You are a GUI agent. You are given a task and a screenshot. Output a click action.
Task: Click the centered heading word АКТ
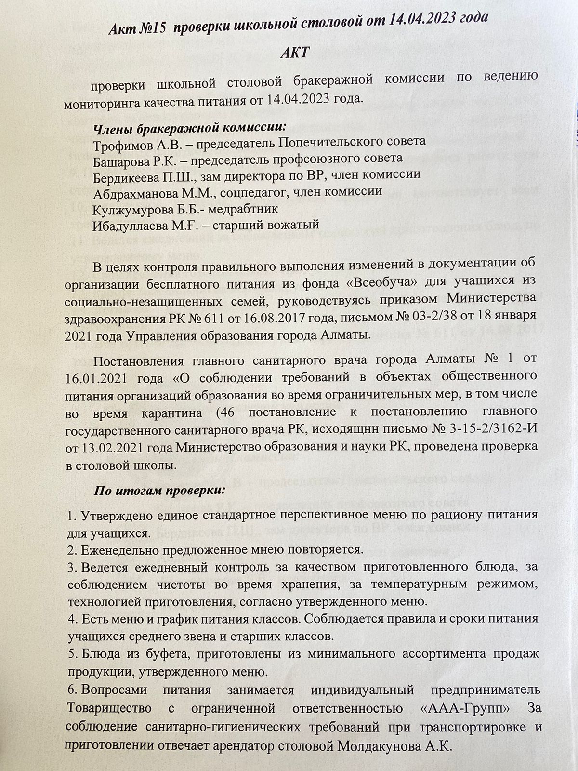(295, 53)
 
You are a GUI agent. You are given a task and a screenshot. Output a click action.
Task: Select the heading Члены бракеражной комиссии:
(189, 128)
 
